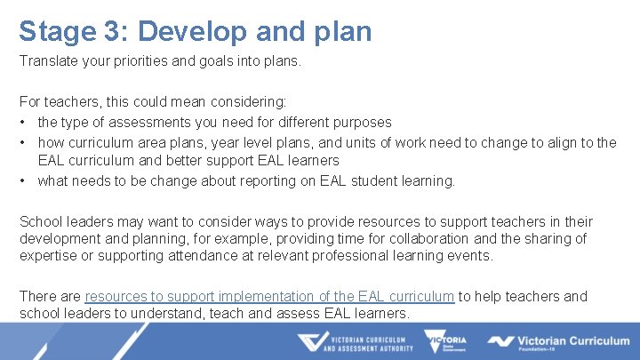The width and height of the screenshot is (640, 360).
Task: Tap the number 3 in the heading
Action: pos(115,31)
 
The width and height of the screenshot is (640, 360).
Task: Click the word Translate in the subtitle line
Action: pos(49,62)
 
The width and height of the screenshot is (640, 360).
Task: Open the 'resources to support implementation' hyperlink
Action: pos(269,296)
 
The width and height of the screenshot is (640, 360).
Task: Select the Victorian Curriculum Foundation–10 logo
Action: pos(557,342)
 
